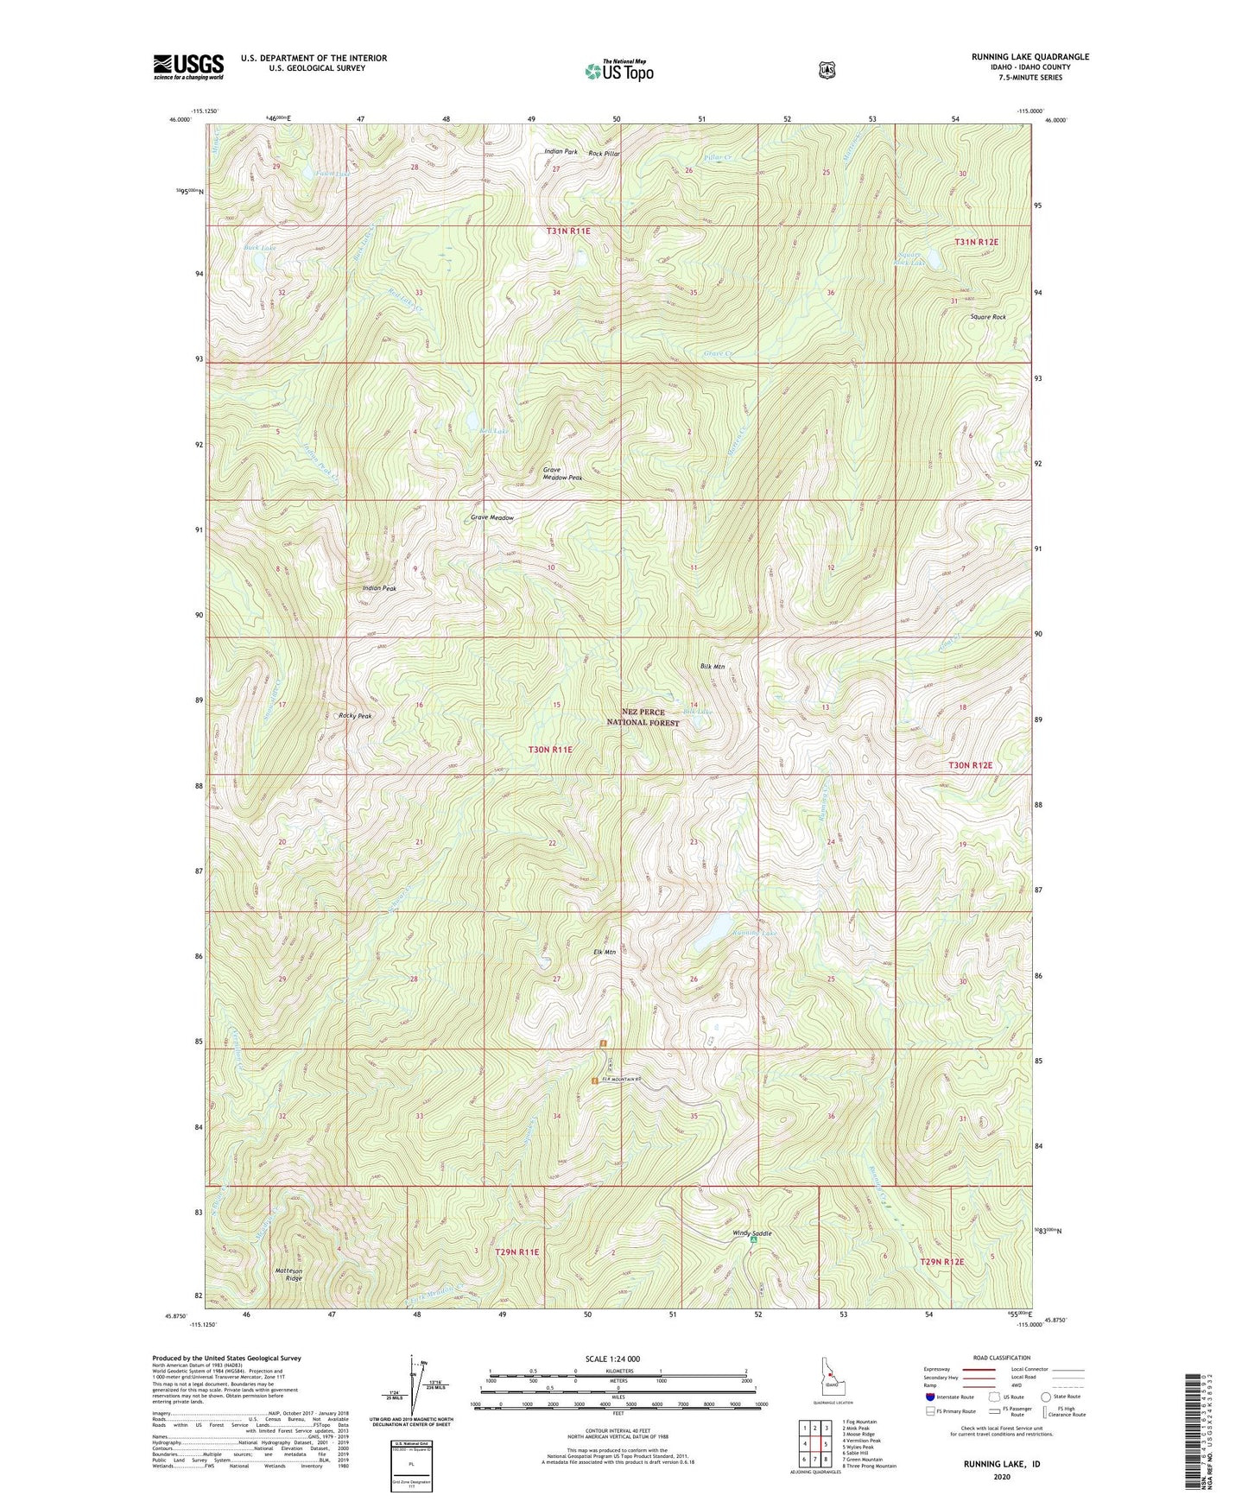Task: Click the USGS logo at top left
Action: pos(188,67)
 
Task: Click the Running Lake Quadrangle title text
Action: pos(1029,57)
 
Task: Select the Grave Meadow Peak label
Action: pos(562,474)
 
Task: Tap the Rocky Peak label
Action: pos(355,716)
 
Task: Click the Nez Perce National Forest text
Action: pos(643,717)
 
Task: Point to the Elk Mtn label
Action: pos(604,952)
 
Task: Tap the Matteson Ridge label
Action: pos(288,1274)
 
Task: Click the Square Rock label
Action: pos(987,317)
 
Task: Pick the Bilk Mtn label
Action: pos(712,667)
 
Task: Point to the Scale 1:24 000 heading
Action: pos(612,1359)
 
